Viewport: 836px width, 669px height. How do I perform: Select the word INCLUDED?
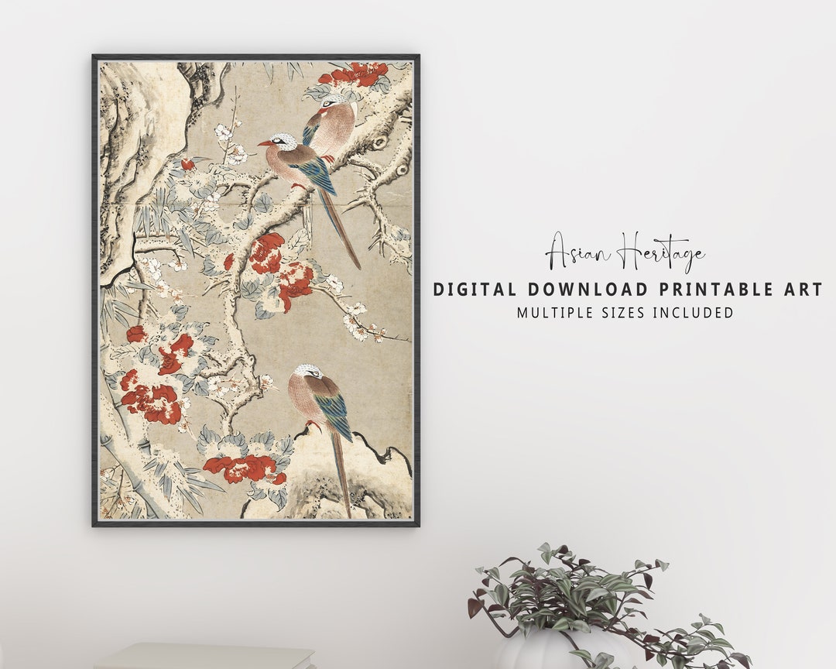pos(692,313)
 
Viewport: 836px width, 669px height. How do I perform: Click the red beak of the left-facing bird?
pos(265,142)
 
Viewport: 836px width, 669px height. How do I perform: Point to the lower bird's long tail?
pos(341,472)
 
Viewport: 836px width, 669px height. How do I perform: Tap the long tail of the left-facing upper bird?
pos(345,232)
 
